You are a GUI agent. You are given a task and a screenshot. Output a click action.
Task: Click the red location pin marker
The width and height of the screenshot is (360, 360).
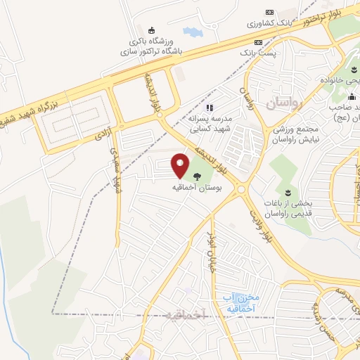point(181,165)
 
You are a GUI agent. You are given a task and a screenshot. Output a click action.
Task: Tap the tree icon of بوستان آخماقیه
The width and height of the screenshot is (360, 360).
point(195,176)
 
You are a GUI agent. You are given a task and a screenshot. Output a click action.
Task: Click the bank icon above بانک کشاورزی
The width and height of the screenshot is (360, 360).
point(269,12)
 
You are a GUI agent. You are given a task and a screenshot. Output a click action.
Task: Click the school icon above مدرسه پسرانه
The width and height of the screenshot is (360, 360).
point(209,108)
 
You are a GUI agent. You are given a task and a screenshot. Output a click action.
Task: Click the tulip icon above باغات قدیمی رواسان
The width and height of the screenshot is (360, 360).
point(287,191)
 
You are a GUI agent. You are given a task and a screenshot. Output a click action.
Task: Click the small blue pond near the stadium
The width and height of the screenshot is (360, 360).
point(191,32)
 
